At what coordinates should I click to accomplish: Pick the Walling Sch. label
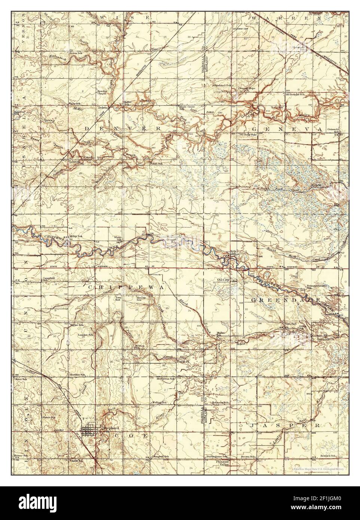click(159, 403)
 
